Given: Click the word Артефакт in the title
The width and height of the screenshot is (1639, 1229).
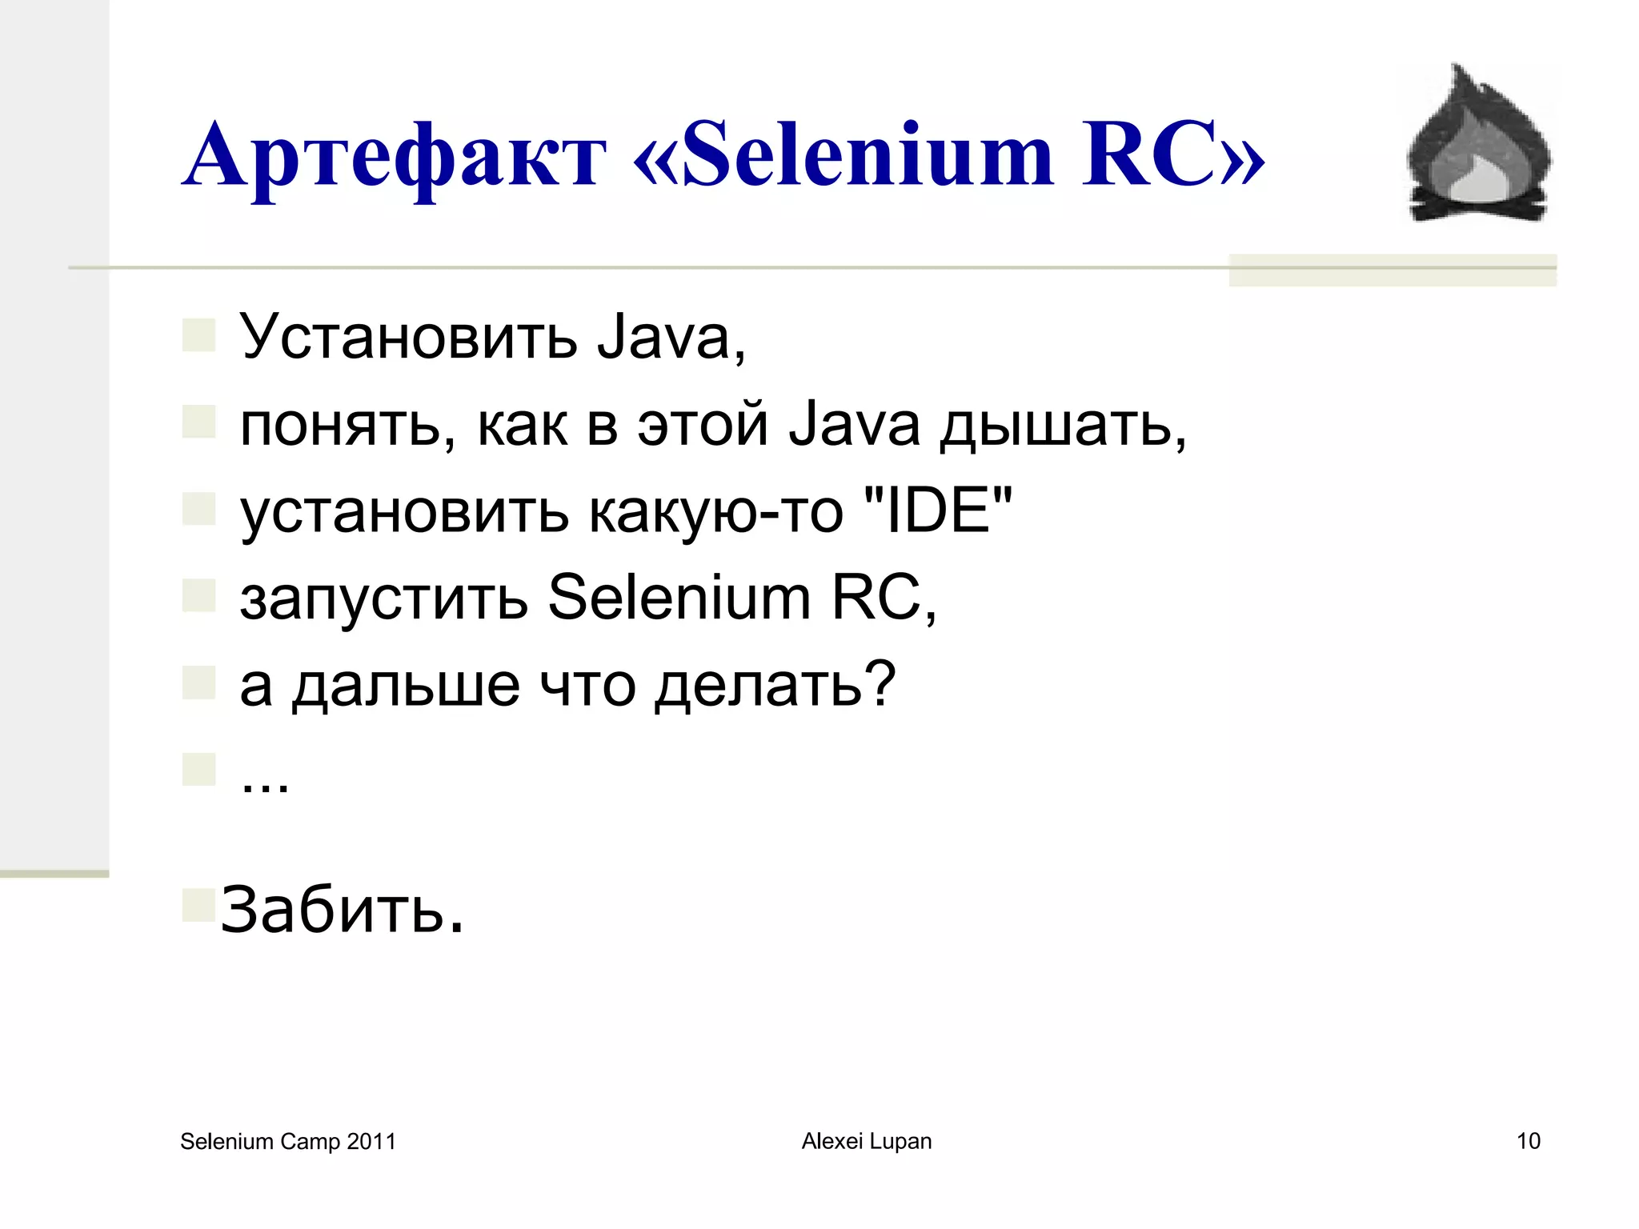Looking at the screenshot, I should [394, 156].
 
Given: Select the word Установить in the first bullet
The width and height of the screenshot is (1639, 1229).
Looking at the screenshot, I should [408, 337].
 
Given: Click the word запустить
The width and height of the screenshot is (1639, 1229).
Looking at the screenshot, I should [384, 598].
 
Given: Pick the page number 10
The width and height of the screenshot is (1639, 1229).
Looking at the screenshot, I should [1528, 1141].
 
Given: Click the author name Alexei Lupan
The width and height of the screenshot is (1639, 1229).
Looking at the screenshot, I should [867, 1141].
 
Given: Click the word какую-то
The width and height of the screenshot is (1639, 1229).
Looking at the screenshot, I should [715, 512].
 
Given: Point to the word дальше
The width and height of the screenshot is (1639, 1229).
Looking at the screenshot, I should [406, 685].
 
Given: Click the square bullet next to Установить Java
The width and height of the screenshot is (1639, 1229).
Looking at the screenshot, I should [198, 335].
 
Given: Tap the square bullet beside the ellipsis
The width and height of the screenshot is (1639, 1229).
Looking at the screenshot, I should [198, 769].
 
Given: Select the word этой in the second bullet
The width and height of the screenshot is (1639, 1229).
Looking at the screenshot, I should [703, 423].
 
